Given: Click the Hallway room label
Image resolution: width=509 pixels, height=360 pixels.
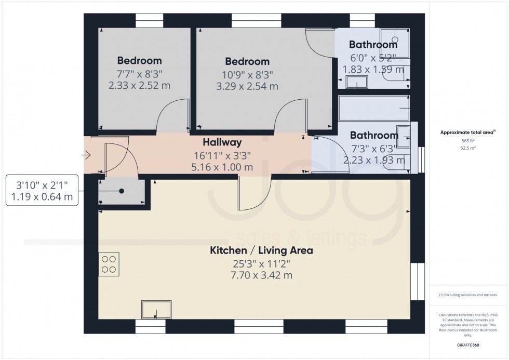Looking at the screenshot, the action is point(222,142).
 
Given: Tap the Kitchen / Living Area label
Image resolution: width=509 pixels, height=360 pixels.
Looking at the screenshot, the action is point(261,250).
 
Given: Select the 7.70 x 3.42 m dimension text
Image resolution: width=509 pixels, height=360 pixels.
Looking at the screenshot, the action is point(261,275).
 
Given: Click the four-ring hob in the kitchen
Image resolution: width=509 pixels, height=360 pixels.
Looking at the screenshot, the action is point(109,264).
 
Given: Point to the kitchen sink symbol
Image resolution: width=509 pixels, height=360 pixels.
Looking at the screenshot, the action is point(156,310).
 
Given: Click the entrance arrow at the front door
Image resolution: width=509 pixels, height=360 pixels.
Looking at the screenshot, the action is point(86,155).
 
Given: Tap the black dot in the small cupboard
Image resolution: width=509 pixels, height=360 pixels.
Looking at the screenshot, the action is point(122,191).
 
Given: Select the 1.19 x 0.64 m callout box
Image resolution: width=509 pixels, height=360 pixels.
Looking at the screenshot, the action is point(42,190).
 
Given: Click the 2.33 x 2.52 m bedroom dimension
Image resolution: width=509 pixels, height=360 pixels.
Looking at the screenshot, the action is point(139,85).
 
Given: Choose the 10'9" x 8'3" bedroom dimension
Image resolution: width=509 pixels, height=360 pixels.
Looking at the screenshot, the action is point(247,75).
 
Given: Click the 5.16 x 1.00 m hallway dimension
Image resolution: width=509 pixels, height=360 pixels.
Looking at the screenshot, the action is point(222,167).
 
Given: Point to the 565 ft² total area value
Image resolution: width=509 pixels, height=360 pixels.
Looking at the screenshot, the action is point(468,141).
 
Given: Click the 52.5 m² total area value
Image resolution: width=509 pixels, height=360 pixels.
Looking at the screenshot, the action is point(468,148).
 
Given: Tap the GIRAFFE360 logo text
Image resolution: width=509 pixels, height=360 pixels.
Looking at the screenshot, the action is point(468,345).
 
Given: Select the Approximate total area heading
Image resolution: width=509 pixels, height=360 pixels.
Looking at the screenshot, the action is point(468,132).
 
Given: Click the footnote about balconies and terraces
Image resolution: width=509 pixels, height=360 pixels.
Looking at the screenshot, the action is point(468,295).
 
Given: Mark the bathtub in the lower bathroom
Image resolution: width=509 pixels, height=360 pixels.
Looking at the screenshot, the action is point(374,108).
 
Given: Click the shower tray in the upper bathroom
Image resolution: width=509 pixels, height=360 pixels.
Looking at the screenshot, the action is point(395,43).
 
